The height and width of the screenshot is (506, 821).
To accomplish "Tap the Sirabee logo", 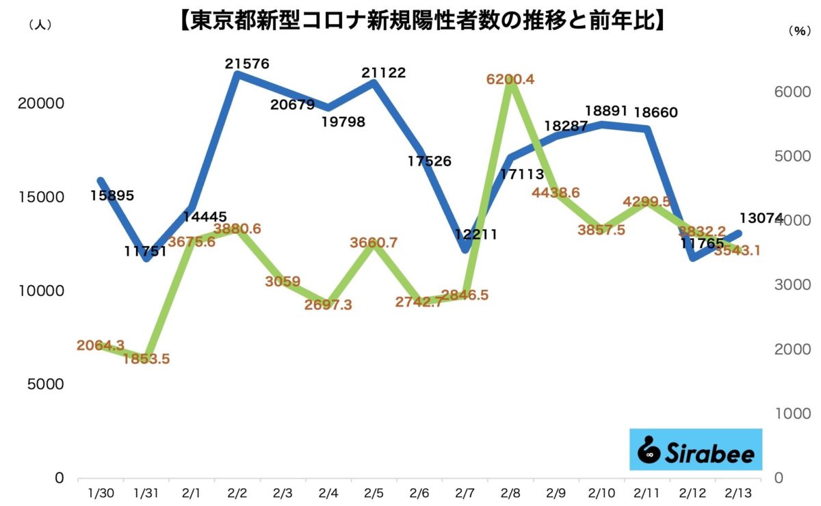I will (x=696, y=450).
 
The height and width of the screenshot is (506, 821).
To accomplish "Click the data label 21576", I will (x=247, y=64).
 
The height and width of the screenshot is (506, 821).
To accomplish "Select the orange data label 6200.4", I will (x=511, y=79).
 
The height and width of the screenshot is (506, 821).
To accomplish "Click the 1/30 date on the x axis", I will (x=101, y=492).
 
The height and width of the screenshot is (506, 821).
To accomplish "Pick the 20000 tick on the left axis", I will (x=41, y=103).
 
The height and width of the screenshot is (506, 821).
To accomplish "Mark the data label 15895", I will (x=112, y=196).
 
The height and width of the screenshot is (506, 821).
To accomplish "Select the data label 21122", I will (x=384, y=72).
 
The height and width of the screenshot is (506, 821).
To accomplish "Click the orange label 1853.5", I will (x=146, y=359).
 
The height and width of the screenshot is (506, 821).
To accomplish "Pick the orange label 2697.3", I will (x=329, y=305).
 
